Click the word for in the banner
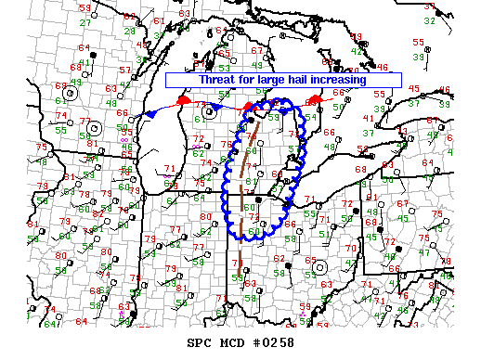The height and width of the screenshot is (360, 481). pyautogui.click(x=232, y=80)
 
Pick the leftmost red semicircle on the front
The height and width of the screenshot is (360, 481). pyautogui.click(x=183, y=98)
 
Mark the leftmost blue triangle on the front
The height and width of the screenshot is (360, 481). pyautogui.click(x=150, y=113)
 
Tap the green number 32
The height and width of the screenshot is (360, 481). pyautogui.click(x=429, y=19)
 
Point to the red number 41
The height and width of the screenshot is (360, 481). pyautogui.click(x=369, y=118)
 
